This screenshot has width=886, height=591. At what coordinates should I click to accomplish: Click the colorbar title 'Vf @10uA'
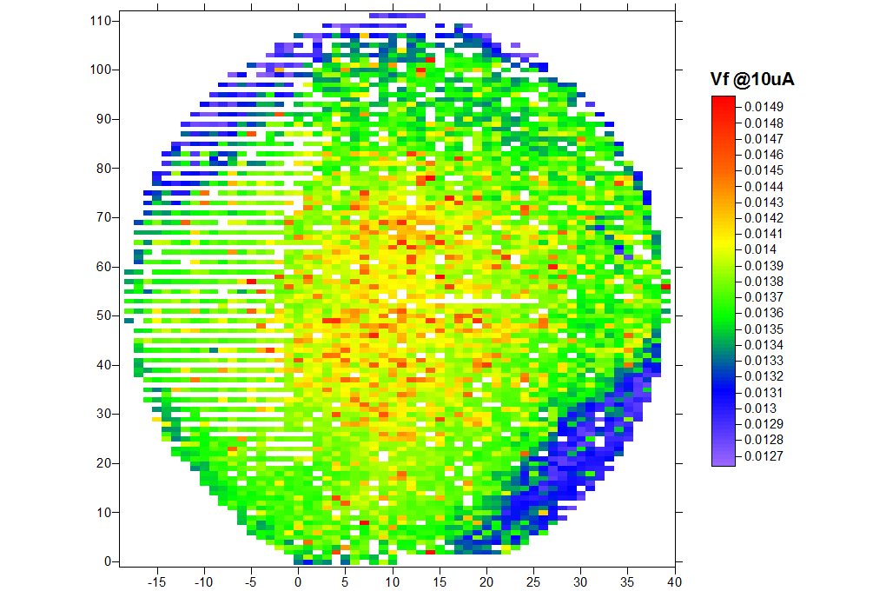pos(752,80)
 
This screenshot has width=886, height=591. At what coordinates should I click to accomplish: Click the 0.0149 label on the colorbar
pos(764,107)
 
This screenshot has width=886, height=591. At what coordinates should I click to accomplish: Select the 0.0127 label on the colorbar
pos(764,455)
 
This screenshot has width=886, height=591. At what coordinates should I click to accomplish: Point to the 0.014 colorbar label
pos(761,249)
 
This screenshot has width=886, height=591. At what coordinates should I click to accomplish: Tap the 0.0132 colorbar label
pos(764,376)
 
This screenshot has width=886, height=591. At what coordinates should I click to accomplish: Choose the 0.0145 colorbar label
pos(764,170)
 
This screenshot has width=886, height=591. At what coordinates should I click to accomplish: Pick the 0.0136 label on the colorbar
pos(764,313)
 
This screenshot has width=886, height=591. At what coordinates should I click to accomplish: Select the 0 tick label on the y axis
pos(109,561)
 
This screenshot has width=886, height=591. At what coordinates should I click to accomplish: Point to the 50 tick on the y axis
pos(107,315)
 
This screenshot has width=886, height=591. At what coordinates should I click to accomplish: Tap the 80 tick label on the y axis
pos(107,168)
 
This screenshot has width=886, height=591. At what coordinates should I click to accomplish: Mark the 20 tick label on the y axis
pos(107,463)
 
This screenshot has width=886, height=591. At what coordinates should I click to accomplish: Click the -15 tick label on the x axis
pos(157,581)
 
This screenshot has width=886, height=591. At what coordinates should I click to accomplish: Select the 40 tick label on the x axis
pos(674,581)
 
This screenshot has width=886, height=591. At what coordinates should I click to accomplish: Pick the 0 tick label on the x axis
pos(298,581)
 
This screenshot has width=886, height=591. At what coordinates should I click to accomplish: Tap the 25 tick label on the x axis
pos(533,581)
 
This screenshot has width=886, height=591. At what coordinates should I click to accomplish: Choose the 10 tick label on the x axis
pos(393,581)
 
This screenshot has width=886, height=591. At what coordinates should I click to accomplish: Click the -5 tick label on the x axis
pos(251,581)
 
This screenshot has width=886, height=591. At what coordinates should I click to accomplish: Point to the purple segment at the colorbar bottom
pos(723,456)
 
